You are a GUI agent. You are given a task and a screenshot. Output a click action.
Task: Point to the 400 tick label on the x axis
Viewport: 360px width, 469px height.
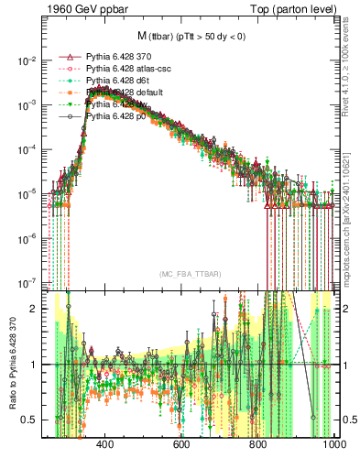click(104, 443)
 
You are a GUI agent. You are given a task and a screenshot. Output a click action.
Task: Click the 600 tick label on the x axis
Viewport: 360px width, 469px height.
click(180, 443)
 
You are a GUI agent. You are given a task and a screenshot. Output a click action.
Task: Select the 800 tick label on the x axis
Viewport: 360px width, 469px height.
click(257, 443)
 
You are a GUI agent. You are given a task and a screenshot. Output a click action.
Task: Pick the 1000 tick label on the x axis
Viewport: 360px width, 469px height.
click(332, 443)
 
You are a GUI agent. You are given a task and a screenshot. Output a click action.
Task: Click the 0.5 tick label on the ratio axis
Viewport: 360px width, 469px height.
click(29, 420)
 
